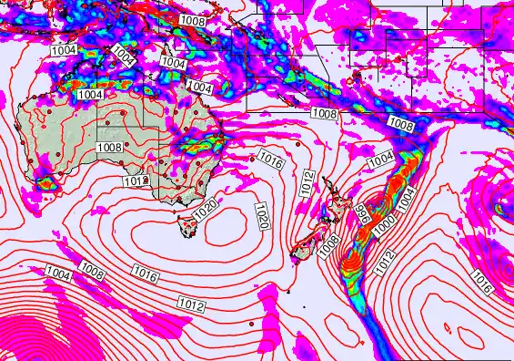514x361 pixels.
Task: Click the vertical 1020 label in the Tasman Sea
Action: (x=262, y=217)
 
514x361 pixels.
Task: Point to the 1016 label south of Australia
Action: (x=145, y=272)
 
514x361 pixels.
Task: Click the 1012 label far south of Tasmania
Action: (x=191, y=304)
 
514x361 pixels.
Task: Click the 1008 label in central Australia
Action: (x=109, y=147)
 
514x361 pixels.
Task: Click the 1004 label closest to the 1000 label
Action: (x=405, y=193)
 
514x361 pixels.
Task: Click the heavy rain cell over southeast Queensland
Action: (x=213, y=141)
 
